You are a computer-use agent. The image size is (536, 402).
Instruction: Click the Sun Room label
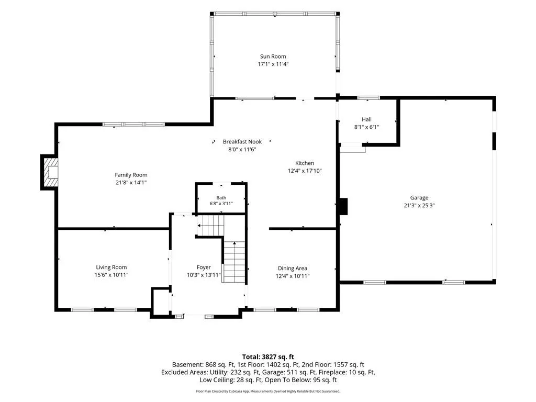coord(273,57)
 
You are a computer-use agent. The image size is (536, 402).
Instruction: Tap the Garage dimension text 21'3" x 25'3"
coord(419,205)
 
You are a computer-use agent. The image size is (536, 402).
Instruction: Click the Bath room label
coord(221,197)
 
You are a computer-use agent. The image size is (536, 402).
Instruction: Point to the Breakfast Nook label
coord(242,141)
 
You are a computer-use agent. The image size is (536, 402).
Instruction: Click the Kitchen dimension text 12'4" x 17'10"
coord(305,171)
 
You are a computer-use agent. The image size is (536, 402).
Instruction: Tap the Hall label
coord(366,119)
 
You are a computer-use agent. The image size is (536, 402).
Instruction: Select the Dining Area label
coord(292,269)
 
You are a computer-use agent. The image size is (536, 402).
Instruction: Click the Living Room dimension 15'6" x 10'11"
coord(111,275)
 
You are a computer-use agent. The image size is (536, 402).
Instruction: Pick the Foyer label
coord(204,267)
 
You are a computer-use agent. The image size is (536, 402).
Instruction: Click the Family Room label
coord(131,175)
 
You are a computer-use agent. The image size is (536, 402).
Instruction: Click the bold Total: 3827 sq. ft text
coord(268,357)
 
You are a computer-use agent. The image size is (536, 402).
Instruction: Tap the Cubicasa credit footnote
coord(268,391)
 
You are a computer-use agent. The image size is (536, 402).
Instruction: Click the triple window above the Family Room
coord(133,125)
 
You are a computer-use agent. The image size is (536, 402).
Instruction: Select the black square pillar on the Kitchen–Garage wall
coord(343,206)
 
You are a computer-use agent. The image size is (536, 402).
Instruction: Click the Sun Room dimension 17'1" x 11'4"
coord(273,64)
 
